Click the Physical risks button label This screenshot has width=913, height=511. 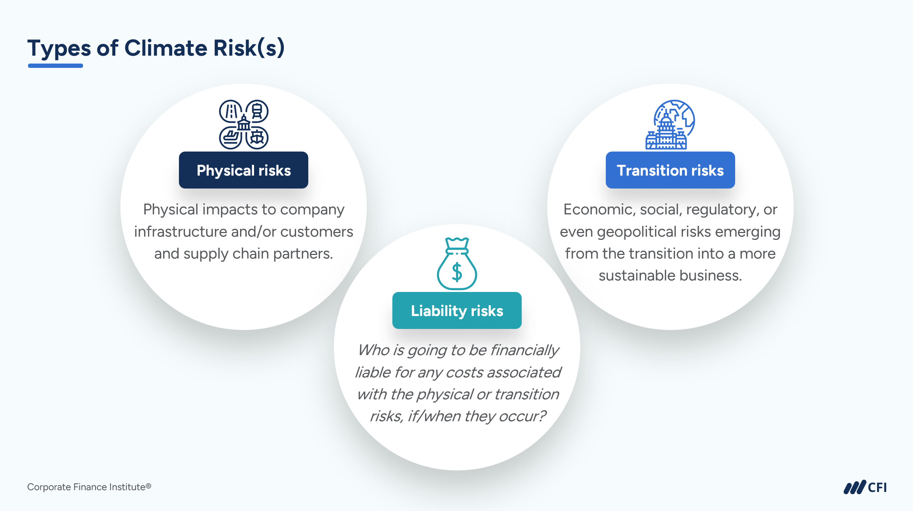click(244, 170)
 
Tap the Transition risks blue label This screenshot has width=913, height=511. click(670, 170)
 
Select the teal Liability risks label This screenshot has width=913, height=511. click(457, 311)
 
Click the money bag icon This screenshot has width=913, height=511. click(457, 264)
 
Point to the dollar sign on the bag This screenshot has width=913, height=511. click(457, 272)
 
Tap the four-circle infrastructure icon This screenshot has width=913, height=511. click(244, 125)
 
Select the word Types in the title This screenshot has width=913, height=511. click(59, 48)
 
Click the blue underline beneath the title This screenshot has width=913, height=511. click(55, 66)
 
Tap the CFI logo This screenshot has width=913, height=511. click(865, 487)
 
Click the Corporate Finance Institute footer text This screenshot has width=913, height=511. click(89, 487)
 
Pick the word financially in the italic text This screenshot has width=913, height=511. click(525, 350)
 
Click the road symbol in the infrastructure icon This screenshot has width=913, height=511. click(231, 111)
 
